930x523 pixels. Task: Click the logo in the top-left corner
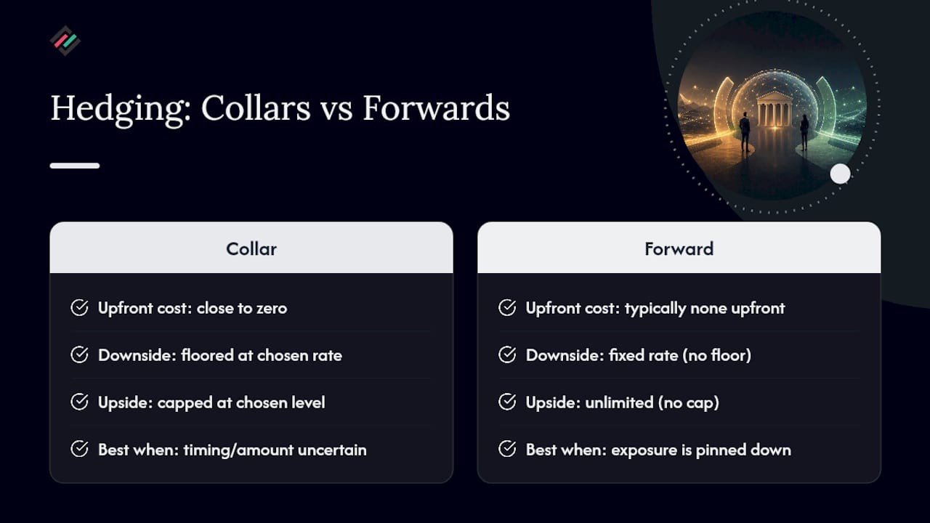pyautogui.click(x=65, y=41)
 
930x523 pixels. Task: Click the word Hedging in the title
pyautogui.click(x=121, y=110)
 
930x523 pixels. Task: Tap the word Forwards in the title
pyautogui.click(x=437, y=108)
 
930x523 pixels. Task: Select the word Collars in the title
pyautogui.click(x=256, y=108)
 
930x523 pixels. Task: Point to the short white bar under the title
pyautogui.click(x=75, y=166)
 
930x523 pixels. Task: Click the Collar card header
pyautogui.click(x=251, y=248)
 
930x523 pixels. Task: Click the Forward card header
pyautogui.click(x=679, y=248)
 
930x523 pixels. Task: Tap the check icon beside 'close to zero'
pyautogui.click(x=79, y=307)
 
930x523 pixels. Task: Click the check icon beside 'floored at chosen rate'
pyautogui.click(x=79, y=355)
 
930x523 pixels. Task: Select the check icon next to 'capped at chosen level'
pyautogui.click(x=79, y=402)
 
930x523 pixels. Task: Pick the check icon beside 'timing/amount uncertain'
pyautogui.click(x=79, y=449)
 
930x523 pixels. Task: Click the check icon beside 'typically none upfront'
pyautogui.click(x=507, y=307)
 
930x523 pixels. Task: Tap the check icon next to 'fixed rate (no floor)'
pyautogui.click(x=507, y=355)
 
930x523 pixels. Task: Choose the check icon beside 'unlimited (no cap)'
pyautogui.click(x=507, y=402)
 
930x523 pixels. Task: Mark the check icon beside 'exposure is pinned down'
pyautogui.click(x=507, y=449)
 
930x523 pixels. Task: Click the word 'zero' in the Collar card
pyautogui.click(x=272, y=309)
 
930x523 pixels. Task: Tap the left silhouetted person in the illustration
pyautogui.click(x=745, y=132)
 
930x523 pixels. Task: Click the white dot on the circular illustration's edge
pyautogui.click(x=841, y=174)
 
